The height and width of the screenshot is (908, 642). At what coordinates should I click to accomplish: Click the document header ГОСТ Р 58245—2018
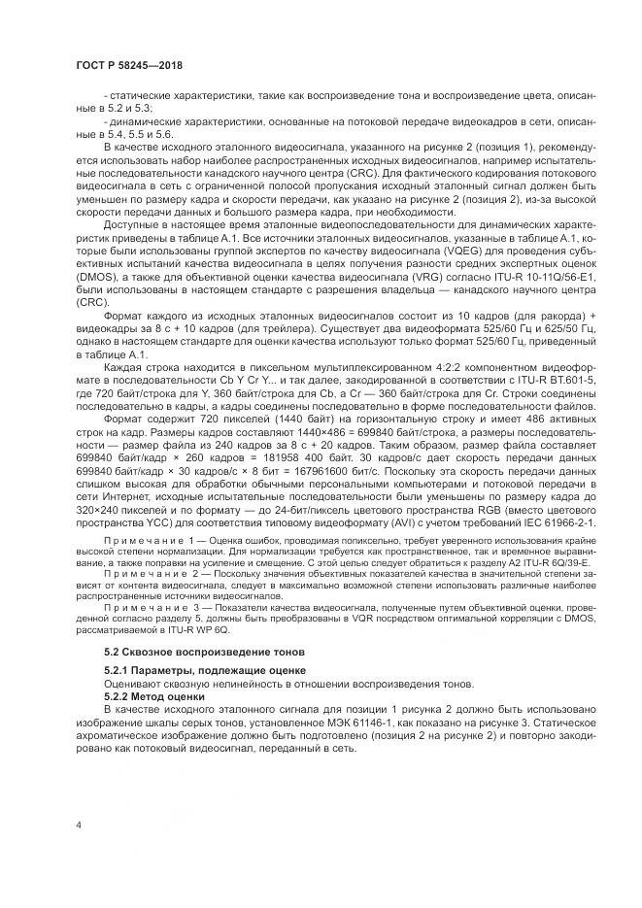129,64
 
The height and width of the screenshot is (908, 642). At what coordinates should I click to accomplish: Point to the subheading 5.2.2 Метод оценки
154,695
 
